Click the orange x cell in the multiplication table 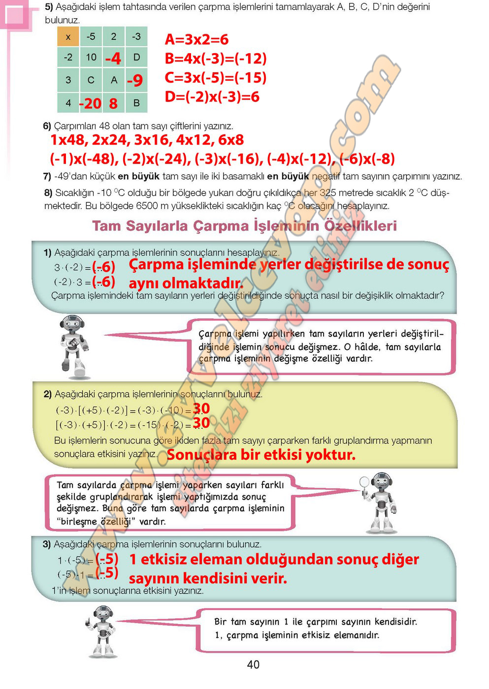click(x=68, y=37)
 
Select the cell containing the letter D click(x=136, y=58)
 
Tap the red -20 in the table click(x=90, y=103)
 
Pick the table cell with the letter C click(x=91, y=80)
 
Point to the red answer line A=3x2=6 click(x=196, y=39)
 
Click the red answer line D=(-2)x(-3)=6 click(x=212, y=96)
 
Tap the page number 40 click(x=253, y=664)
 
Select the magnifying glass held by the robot click(x=364, y=482)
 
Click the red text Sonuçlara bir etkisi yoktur click(x=261, y=455)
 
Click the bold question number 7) click(x=47, y=176)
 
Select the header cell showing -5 click(x=91, y=37)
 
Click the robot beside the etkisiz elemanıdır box click(x=102, y=631)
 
